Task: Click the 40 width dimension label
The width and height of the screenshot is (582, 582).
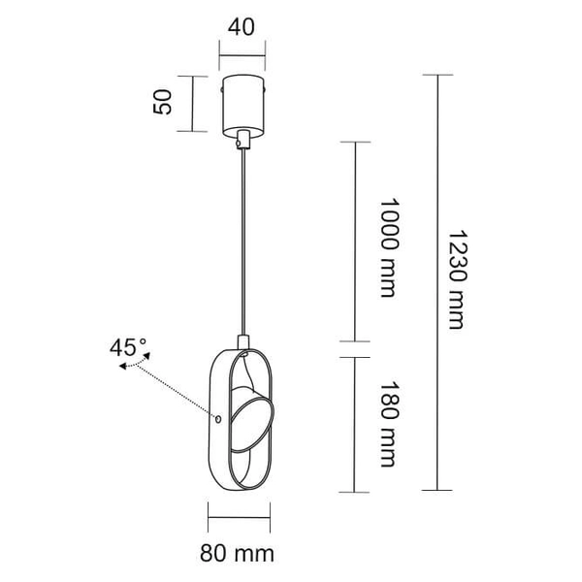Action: pos(242,27)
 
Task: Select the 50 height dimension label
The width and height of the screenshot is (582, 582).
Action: pos(165,102)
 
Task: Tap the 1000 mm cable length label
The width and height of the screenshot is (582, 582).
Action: pos(388,248)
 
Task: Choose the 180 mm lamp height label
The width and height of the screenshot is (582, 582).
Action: pos(388,424)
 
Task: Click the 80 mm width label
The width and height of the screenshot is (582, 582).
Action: pos(238,554)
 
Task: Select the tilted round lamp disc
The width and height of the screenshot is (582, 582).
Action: pos(251,419)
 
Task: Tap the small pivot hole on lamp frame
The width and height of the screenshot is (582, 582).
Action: pos(218,418)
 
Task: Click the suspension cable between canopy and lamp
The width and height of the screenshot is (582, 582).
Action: pos(242,242)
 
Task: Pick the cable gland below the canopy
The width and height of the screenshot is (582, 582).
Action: pos(242,141)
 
